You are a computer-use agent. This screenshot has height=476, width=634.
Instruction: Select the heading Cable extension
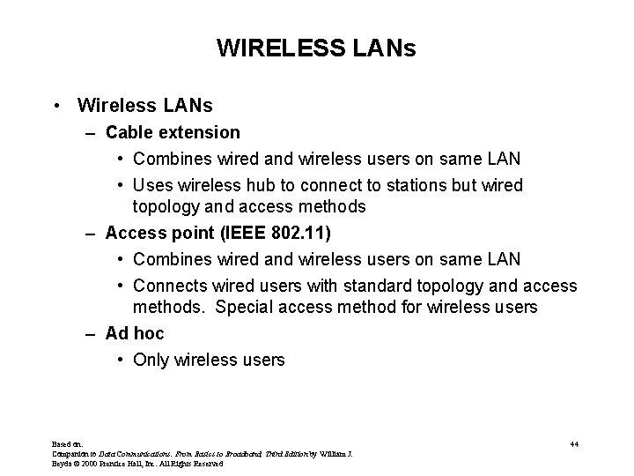173,132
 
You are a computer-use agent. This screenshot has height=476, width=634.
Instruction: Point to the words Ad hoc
135,334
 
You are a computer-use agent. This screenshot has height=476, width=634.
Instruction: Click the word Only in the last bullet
151,360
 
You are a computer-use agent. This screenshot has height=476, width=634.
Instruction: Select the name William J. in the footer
333,454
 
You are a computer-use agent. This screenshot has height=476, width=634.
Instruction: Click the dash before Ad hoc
91,334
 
